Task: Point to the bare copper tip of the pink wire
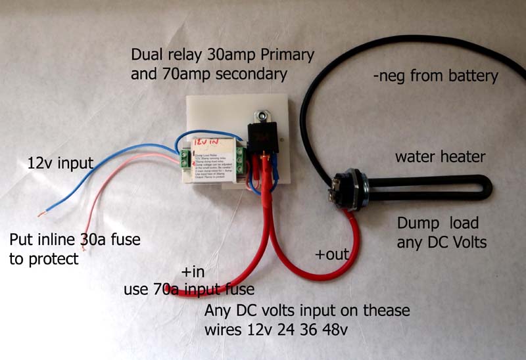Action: (41, 214)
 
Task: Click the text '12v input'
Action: (60, 162)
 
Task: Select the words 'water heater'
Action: (439, 157)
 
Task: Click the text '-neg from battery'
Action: (435, 76)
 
